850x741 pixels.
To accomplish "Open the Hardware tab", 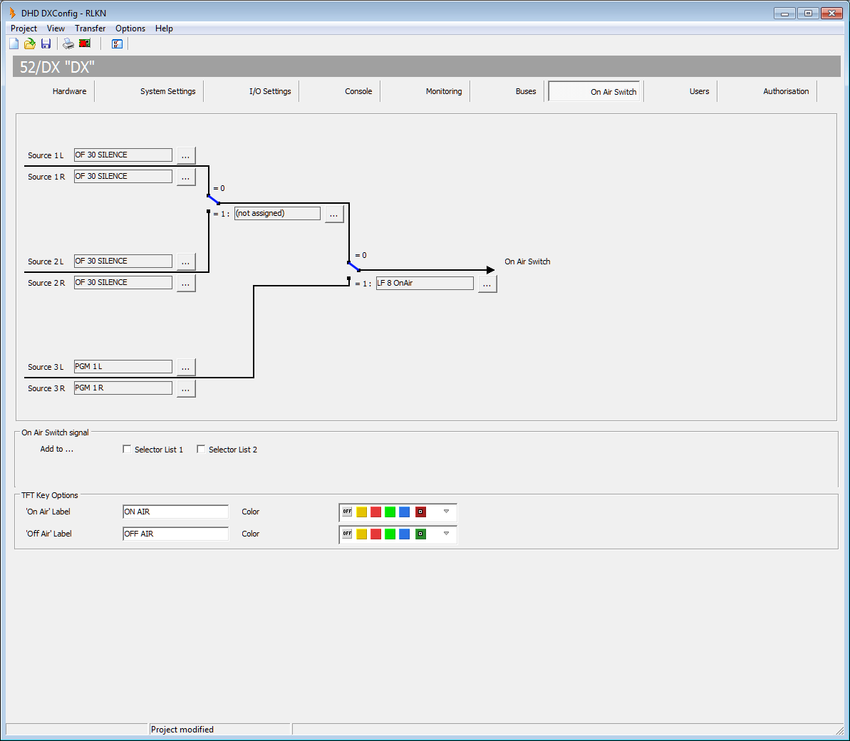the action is click(x=69, y=91).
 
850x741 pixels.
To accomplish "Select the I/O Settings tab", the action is click(x=270, y=91).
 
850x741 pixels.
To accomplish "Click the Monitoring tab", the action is click(x=443, y=91).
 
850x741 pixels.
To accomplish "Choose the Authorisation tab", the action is click(x=785, y=91).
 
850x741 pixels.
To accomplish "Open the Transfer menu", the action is click(x=90, y=28).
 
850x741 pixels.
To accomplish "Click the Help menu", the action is click(x=164, y=28).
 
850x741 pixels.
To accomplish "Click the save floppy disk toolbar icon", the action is click(x=46, y=44).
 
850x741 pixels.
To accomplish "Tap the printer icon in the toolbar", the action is click(x=68, y=44).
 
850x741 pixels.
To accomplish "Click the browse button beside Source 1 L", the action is click(x=185, y=155).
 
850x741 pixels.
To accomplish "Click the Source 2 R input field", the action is click(x=123, y=282).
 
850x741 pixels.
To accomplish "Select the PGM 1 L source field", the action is click(x=123, y=366).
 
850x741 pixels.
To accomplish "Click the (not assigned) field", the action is click(x=277, y=213).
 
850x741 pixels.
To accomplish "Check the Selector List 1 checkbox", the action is click(x=127, y=449).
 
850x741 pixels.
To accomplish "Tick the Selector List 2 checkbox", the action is click(x=201, y=449).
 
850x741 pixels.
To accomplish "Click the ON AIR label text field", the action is click(x=176, y=512).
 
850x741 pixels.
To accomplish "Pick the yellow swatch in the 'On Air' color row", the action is click(x=361, y=512).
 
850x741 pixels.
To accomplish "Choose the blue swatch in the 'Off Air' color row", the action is click(x=405, y=534).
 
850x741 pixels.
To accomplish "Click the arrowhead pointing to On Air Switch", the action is click(x=491, y=270).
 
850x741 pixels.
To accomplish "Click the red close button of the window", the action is click(x=831, y=13).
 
